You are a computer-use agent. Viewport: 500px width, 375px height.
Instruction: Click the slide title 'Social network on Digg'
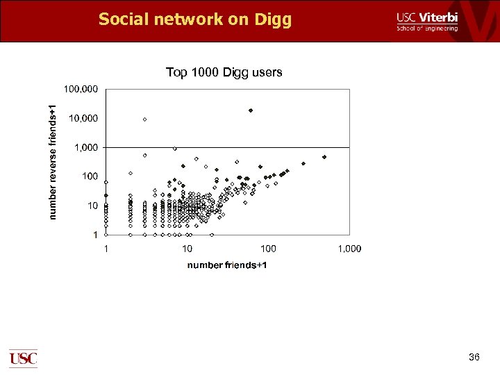(x=195, y=19)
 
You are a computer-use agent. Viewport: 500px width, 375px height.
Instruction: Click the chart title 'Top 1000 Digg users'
(x=224, y=72)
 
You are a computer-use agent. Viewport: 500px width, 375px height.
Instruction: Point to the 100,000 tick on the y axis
(x=81, y=89)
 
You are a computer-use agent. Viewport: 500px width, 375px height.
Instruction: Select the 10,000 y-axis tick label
(x=83, y=118)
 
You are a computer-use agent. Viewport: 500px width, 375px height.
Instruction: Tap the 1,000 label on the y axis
(x=85, y=147)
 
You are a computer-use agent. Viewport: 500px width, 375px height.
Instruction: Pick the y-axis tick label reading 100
(x=90, y=176)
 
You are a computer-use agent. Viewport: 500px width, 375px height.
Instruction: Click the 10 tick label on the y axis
(x=92, y=206)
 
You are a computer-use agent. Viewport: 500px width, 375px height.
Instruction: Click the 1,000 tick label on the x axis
(x=349, y=249)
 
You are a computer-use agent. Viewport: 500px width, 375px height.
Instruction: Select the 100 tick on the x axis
(x=268, y=249)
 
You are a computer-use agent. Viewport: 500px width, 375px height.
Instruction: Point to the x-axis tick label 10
(x=187, y=249)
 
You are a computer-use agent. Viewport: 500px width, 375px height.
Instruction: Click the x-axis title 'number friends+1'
(x=227, y=265)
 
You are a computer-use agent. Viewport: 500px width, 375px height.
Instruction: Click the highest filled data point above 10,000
(x=251, y=110)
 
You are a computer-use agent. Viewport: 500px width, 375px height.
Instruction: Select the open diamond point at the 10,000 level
(x=144, y=119)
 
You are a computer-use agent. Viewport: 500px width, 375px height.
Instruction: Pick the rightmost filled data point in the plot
(x=324, y=157)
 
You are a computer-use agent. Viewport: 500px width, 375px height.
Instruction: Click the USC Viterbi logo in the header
(x=427, y=22)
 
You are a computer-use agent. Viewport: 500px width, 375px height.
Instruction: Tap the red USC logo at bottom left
(x=23, y=358)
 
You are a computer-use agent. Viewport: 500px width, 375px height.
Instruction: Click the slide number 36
(x=474, y=357)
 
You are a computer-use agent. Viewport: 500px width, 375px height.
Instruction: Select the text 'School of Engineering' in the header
(x=427, y=28)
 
